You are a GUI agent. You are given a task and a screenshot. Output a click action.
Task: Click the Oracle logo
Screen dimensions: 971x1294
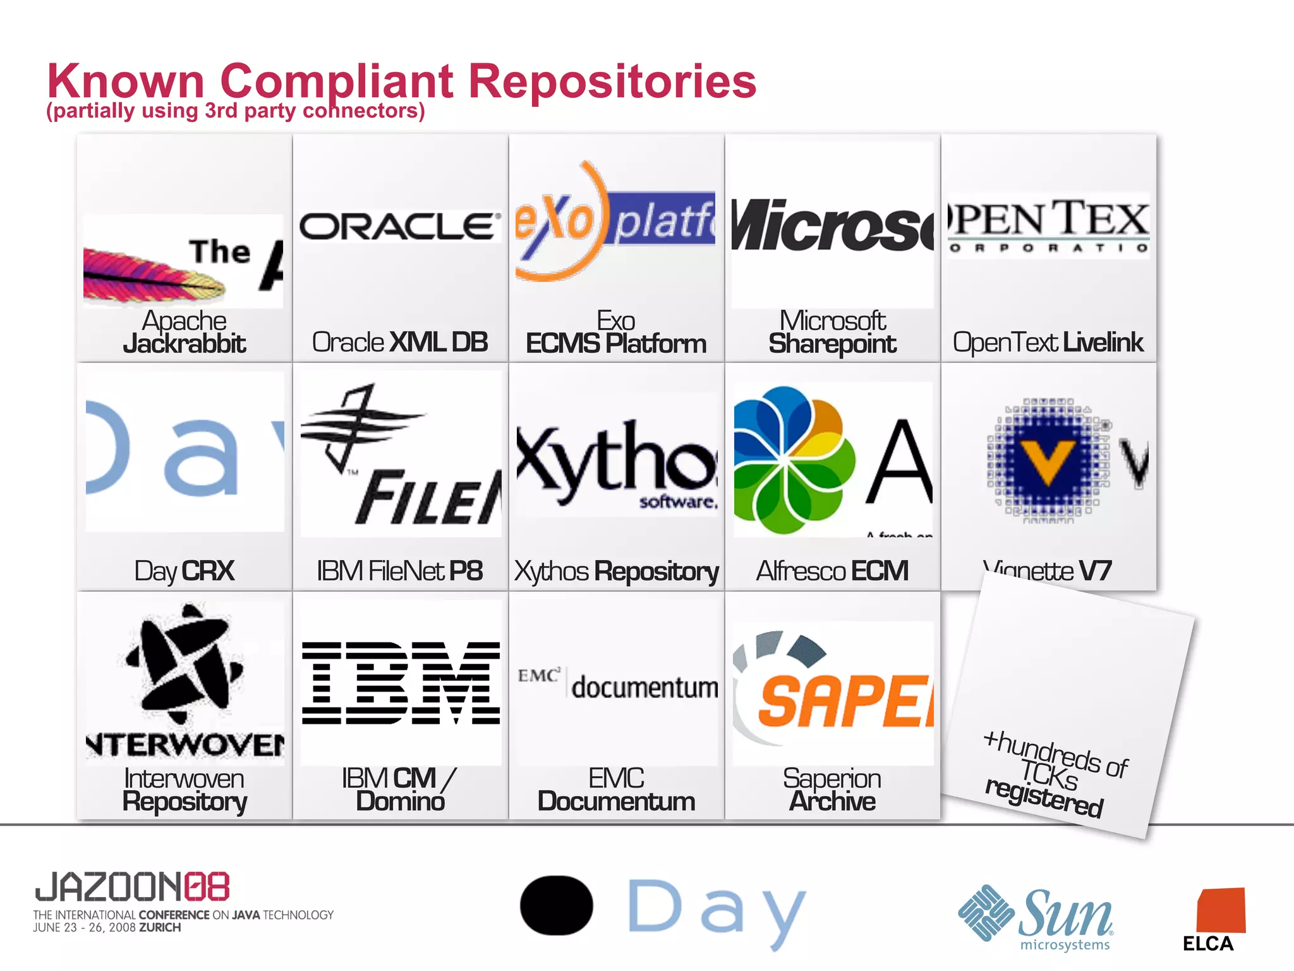(399, 226)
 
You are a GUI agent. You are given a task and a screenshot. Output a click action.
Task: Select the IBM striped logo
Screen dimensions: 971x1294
(401, 683)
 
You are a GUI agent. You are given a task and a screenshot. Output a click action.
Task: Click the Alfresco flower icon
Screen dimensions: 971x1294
(793, 460)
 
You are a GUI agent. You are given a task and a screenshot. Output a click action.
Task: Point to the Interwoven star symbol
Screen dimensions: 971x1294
(184, 663)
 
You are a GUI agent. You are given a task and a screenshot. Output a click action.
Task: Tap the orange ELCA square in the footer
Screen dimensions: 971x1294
(1221, 910)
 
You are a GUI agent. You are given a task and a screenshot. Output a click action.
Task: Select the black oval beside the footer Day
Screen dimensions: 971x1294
(556, 905)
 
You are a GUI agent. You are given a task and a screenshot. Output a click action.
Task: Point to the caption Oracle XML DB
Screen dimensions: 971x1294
(399, 342)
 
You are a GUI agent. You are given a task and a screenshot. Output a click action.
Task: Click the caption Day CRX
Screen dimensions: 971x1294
(184, 571)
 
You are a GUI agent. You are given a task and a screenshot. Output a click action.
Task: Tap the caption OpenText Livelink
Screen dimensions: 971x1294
(1048, 342)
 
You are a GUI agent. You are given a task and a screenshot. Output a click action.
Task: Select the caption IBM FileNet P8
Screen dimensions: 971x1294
(399, 571)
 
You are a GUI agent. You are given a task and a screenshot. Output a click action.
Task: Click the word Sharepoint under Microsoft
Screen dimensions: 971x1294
(831, 344)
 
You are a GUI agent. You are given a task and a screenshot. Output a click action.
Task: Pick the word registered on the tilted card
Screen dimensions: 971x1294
(1044, 798)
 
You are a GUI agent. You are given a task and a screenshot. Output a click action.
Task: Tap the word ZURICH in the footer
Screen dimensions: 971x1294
(160, 927)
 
